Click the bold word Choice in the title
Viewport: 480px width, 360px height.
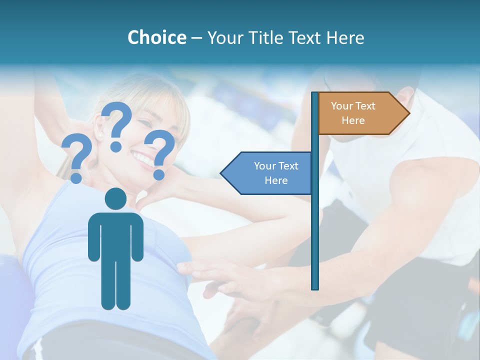[x=156, y=37]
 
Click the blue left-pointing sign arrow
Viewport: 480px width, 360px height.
[x=267, y=173]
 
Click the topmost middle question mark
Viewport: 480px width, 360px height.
[x=117, y=125]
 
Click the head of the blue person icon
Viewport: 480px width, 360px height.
[x=115, y=199]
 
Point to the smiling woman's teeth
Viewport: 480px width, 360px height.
[x=143, y=159]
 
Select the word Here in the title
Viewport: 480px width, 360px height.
[x=345, y=37]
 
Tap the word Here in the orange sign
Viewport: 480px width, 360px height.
[x=353, y=120]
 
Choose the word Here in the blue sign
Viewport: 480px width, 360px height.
[x=276, y=180]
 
